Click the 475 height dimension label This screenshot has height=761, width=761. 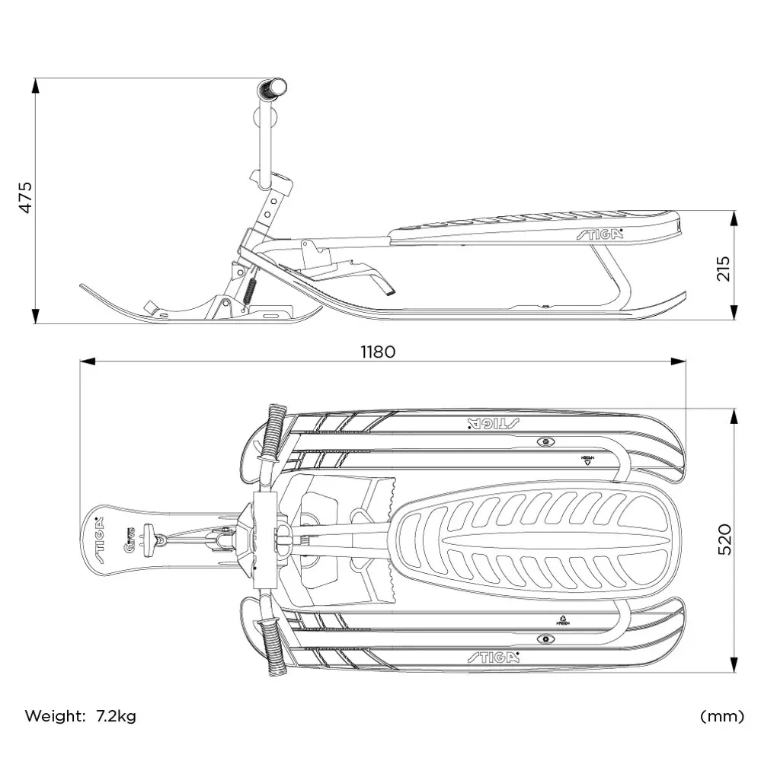coord(26,197)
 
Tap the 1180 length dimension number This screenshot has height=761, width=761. coord(378,352)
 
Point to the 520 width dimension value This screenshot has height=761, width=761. coord(724,539)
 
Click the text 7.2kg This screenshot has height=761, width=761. coord(116,715)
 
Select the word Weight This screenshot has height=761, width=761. coord(55,715)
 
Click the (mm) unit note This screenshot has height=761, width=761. coord(721,716)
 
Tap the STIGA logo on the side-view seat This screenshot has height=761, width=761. coord(600,234)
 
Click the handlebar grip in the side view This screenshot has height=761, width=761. coord(273,90)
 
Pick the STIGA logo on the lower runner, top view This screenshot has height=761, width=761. coord(493,657)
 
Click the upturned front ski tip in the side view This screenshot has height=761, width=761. coord(86,288)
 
